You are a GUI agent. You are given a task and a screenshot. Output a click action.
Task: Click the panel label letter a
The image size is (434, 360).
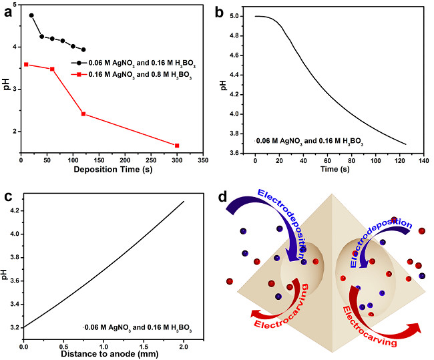10,13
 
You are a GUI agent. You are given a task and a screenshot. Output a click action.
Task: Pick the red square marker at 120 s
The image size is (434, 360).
83,114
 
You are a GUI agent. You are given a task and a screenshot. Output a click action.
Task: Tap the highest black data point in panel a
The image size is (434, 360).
31,15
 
